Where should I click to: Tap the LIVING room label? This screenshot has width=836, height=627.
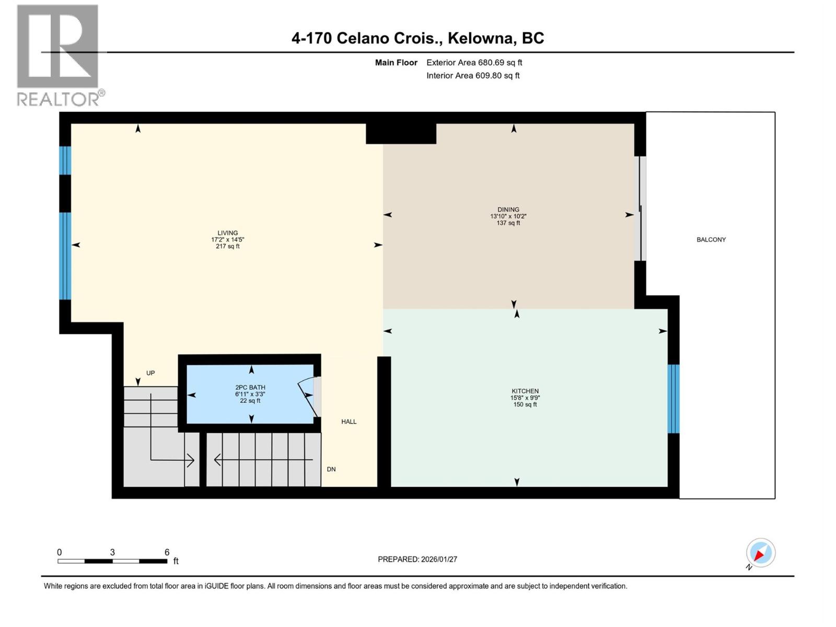coord(227,233)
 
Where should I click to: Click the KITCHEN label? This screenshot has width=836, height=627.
coord(525,391)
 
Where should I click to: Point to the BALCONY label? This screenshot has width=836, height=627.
coord(711,240)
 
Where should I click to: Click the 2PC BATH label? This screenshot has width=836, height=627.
coord(250,387)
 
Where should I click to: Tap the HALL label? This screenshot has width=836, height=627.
coord(349,422)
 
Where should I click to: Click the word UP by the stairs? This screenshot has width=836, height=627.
coord(150,373)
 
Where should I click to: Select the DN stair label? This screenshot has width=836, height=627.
coord(331,469)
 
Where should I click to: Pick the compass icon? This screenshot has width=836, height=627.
coord(760,553)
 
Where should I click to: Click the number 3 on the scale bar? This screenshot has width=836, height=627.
coord(112,552)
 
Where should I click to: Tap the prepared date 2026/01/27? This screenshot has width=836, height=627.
coord(438,559)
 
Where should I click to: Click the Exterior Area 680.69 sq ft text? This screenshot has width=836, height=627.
coord(474,63)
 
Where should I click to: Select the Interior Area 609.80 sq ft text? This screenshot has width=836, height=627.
coord(473,76)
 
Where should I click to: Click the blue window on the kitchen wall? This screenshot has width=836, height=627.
coord(674,399)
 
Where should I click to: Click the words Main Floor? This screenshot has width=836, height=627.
coord(396,63)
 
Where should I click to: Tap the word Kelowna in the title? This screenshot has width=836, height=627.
coord(481,38)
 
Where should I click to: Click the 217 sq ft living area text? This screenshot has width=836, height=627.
coord(227,247)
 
